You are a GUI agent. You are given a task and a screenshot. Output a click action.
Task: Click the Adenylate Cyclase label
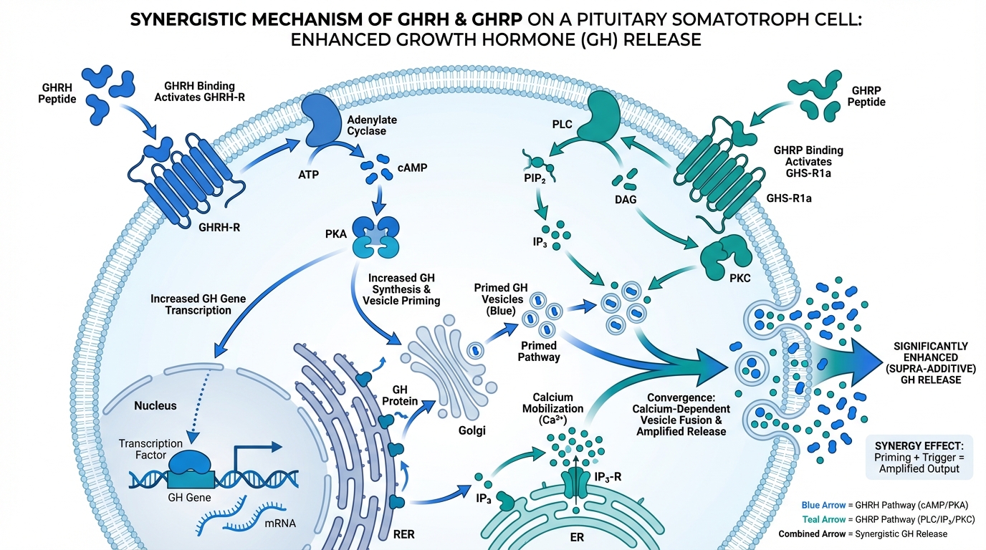click(371, 125)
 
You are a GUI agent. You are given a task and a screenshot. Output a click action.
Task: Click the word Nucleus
click(155, 405)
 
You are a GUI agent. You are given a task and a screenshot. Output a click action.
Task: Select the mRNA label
click(280, 523)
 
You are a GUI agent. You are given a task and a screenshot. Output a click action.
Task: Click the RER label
click(403, 534)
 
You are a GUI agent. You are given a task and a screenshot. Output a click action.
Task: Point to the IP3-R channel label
click(609, 477)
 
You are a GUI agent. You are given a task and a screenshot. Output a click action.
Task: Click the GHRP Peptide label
click(868, 97)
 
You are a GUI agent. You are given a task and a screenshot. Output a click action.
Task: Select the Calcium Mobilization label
click(559, 408)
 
